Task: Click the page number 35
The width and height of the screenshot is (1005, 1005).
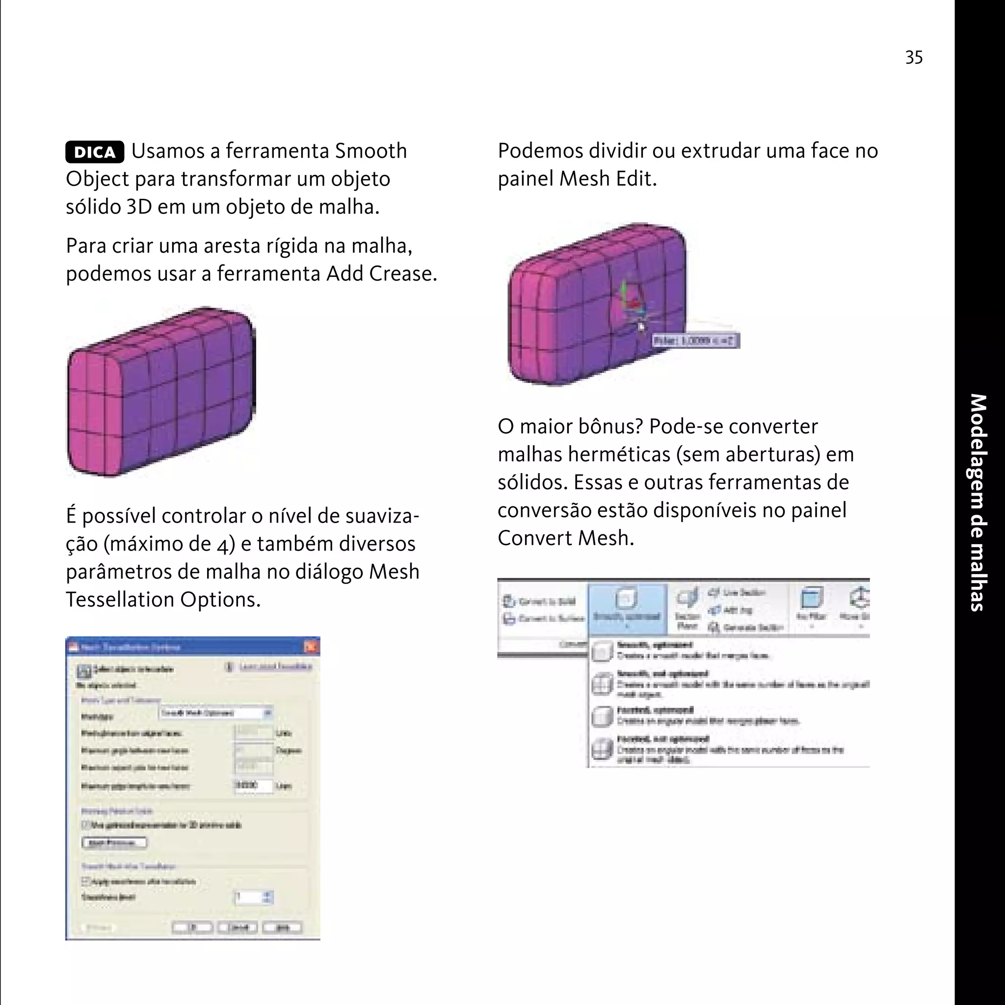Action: click(x=913, y=57)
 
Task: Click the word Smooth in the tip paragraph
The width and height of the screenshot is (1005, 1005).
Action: click(x=370, y=151)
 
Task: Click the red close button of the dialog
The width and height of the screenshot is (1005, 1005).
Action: click(x=311, y=647)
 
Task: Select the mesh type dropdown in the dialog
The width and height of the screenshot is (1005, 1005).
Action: click(x=216, y=713)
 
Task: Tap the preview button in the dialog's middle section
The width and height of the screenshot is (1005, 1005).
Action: click(x=114, y=842)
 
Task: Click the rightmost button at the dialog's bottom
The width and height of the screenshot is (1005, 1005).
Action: click(x=282, y=927)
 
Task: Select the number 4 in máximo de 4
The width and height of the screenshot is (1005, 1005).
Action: click(x=223, y=545)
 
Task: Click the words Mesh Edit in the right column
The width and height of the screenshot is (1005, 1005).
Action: click(x=608, y=179)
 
